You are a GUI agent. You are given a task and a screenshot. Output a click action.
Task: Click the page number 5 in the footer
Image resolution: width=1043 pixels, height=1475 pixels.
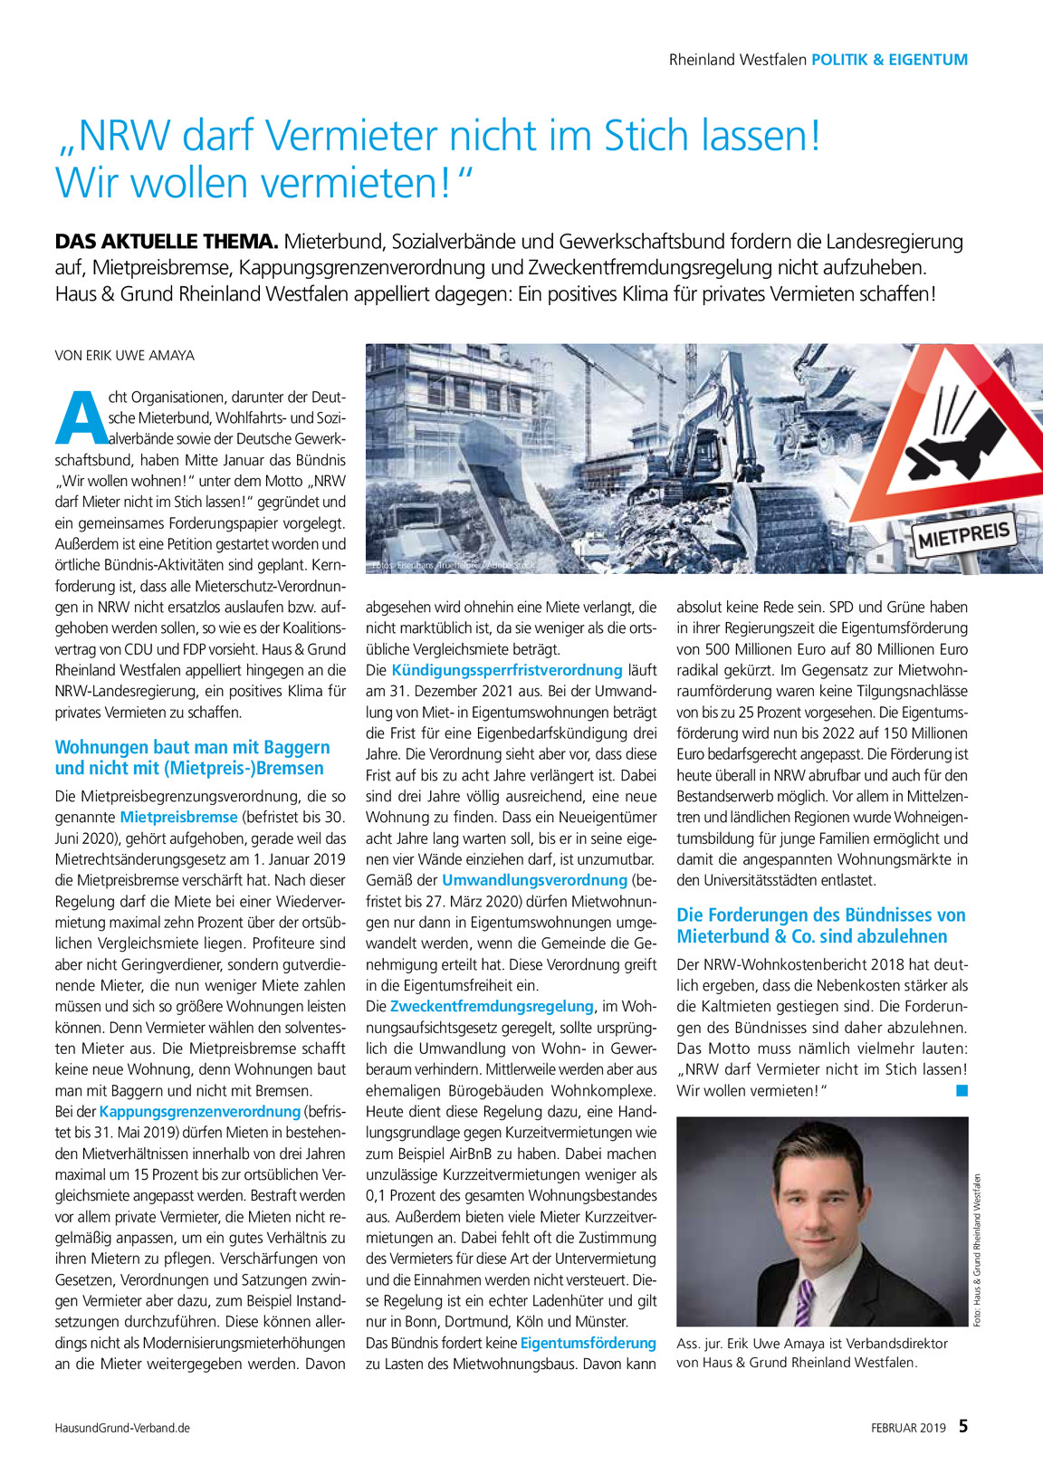(963, 1427)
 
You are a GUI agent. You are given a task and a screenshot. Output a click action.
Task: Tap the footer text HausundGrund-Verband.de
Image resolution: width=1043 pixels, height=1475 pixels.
(122, 1428)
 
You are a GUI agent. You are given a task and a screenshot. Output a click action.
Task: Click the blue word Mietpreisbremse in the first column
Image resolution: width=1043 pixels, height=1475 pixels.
(178, 817)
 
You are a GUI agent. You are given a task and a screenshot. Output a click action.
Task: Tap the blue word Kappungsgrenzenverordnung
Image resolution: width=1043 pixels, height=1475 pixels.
(199, 1111)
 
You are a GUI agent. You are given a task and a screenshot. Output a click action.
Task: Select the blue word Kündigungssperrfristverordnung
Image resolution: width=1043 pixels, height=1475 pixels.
(506, 670)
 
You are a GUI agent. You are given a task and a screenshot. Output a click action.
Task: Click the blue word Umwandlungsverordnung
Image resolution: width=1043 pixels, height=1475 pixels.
(534, 880)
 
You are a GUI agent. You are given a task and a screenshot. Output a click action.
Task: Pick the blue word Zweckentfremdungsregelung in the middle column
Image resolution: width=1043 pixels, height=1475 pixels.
(492, 1006)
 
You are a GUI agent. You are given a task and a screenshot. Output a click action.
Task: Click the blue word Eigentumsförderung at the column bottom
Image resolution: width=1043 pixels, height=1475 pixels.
(588, 1343)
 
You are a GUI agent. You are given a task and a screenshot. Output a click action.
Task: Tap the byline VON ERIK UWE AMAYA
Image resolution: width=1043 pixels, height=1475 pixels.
(125, 355)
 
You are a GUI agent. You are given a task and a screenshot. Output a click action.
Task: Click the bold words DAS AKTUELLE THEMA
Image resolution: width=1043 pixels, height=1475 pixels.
(166, 242)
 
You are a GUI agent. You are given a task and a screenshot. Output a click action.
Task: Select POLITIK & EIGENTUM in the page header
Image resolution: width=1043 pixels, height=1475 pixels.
(889, 60)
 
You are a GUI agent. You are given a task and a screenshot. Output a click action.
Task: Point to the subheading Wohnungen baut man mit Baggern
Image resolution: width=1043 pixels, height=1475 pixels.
(192, 748)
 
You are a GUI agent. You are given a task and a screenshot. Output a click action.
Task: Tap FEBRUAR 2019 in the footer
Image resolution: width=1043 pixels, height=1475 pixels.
(908, 1428)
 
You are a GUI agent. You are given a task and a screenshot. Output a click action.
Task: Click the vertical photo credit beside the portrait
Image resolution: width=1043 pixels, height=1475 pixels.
(978, 1250)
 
